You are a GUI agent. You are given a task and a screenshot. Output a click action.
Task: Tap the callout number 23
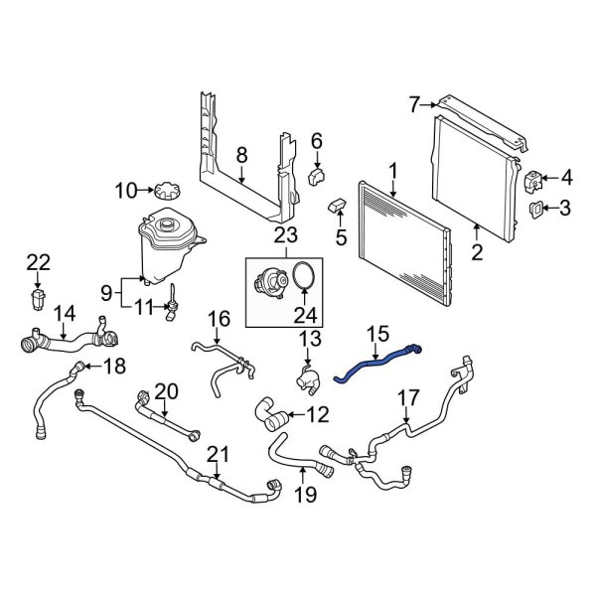coord(285,236)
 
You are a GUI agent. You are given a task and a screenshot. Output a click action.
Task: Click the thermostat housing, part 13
coord(306,377)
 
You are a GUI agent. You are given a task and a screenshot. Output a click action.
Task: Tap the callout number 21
coord(217,455)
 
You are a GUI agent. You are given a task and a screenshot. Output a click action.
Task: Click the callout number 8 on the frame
coord(240,154)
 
